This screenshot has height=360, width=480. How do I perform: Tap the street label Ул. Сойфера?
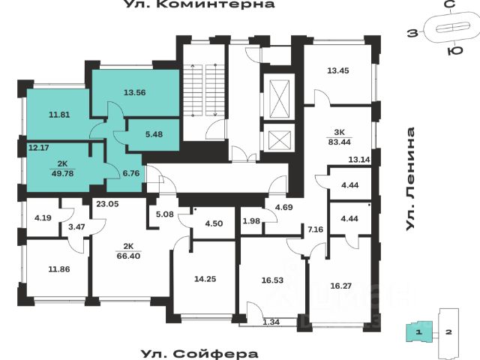click(199, 353)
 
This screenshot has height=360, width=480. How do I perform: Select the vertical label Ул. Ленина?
click(411, 180)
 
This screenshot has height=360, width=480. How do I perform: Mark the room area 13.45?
click(339, 72)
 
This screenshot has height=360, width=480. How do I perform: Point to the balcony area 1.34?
click(271, 322)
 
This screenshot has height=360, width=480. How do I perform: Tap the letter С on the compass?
click(448, 6)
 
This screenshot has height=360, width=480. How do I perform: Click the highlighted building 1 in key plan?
click(421, 330)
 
